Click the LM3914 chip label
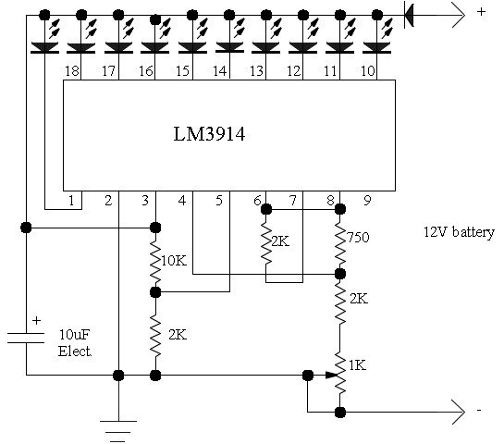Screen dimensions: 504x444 [209, 134]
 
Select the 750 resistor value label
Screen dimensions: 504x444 [358, 238]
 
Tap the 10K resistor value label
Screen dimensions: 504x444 [174, 261]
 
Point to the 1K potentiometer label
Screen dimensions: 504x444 [358, 365]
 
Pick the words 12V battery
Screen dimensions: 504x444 [459, 232]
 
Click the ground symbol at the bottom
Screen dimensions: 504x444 [118, 431]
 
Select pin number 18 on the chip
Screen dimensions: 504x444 [72, 71]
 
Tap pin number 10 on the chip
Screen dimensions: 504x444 [368, 71]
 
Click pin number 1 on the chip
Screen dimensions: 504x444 [71, 201]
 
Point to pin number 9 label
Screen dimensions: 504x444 [367, 201]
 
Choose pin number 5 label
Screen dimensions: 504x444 [219, 201]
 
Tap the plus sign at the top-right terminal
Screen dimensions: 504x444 [481, 12]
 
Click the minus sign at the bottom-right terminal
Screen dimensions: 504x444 [479, 411]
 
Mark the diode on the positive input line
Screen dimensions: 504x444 [409, 15]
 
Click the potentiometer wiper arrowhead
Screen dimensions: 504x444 [332, 375]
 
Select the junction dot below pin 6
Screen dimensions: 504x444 [265, 210]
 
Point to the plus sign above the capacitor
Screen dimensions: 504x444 [36, 321]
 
